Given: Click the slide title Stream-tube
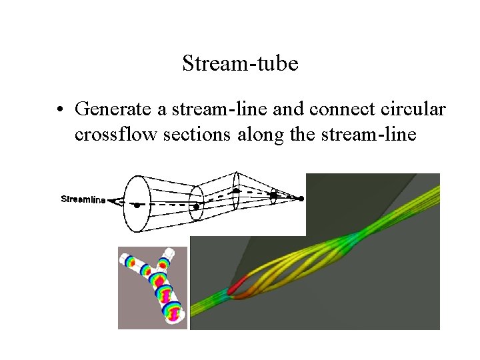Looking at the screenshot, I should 240,64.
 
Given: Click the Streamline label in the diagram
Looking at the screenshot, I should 83,199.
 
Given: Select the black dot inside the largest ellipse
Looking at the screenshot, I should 137,206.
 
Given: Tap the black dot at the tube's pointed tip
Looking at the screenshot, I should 301,199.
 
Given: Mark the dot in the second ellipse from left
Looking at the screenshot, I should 196,207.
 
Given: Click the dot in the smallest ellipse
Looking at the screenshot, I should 273,195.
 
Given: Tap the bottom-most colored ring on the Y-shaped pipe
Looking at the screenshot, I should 171,314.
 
